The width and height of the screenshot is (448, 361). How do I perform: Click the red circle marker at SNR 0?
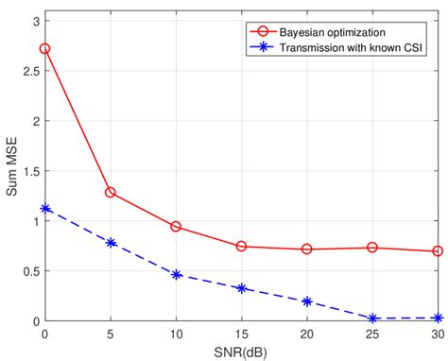click(44, 48)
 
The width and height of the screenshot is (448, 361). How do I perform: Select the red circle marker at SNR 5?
click(111, 192)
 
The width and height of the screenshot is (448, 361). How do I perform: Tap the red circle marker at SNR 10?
click(176, 227)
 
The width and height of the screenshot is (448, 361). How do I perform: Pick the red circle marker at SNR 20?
click(307, 249)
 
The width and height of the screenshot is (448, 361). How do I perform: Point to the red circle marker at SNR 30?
click(438, 251)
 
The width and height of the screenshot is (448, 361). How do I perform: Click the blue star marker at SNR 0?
click(44, 209)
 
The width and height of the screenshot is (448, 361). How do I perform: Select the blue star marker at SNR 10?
click(176, 275)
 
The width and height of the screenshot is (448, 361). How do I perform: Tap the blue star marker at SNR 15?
click(242, 288)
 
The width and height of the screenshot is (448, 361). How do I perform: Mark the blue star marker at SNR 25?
click(372, 318)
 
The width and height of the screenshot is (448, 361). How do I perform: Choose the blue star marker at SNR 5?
click(111, 243)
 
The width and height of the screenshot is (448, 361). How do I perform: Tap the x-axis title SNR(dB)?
click(241, 352)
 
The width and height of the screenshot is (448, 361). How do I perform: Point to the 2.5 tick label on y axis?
click(29, 71)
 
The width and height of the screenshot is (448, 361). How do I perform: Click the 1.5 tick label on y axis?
click(29, 171)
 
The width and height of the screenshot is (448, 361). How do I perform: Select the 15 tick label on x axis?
click(242, 335)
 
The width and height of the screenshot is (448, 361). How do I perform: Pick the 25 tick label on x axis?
click(372, 335)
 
